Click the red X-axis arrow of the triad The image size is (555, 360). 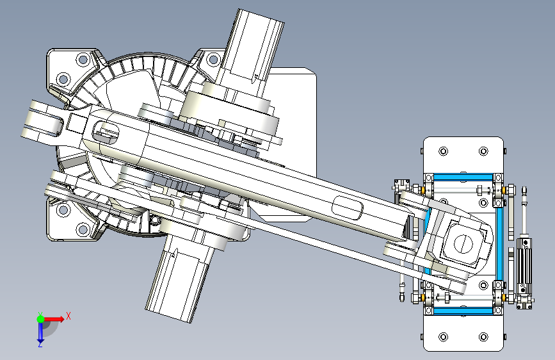(54, 319)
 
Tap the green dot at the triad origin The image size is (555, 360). (40, 319)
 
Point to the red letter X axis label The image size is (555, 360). (68, 316)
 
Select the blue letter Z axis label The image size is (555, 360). (40, 344)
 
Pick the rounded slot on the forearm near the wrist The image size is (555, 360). (348, 208)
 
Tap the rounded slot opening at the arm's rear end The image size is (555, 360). (106, 133)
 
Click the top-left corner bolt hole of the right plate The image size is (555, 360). (443, 151)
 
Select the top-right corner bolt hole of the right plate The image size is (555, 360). (483, 151)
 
